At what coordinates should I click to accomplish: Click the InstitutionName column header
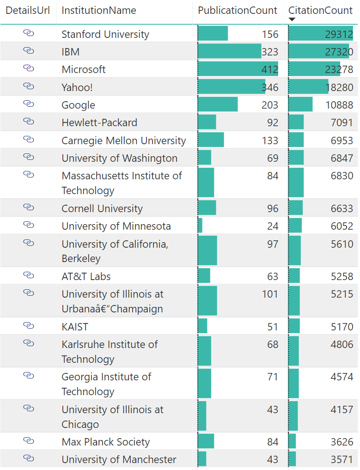99,10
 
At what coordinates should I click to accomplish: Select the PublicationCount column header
238,10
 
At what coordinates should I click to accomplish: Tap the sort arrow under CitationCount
292,19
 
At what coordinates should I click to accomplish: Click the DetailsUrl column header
28,10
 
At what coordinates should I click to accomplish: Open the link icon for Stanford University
29,33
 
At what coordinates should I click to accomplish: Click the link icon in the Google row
29,104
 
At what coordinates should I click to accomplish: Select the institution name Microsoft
84,69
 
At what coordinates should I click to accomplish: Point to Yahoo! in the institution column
77,87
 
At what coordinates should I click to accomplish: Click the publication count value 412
270,70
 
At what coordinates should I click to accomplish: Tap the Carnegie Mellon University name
124,140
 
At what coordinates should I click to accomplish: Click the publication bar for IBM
229,51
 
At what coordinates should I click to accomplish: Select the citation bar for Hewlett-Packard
296,122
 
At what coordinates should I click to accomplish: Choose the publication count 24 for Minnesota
273,226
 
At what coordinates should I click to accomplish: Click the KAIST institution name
75,327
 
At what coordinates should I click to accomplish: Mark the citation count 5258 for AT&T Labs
342,277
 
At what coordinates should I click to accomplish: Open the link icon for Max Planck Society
29,440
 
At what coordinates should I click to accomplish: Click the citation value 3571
342,459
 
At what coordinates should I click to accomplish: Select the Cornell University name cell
102,208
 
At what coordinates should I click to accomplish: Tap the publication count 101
270,294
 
